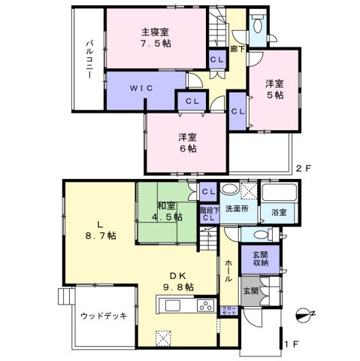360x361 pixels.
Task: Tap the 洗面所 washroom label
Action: click(239, 208)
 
